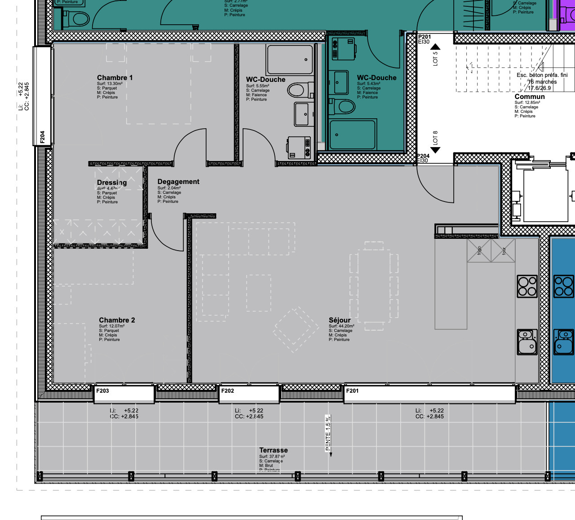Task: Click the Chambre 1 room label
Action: tap(115, 78)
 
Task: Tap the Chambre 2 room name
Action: tap(117, 320)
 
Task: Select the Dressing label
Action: tap(112, 182)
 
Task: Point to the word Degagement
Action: tap(178, 182)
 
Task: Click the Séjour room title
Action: tap(340, 320)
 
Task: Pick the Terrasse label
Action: tap(273, 450)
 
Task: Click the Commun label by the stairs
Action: tap(529, 97)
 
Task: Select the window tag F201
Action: tap(352, 391)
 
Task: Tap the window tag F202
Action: tap(227, 391)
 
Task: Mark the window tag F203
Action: tap(102, 391)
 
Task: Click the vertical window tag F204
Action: tap(42, 137)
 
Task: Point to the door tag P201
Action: tap(424, 37)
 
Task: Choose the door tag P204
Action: tap(423, 156)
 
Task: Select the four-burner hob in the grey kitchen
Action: tap(527, 286)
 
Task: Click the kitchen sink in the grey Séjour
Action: tap(527, 342)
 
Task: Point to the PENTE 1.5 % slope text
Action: tap(328, 433)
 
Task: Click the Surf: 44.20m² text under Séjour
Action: tap(341, 326)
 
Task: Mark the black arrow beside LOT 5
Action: tap(435, 47)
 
